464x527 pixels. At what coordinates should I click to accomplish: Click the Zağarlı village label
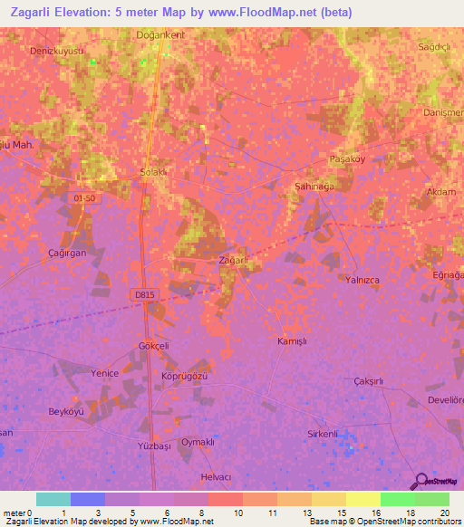click(x=234, y=261)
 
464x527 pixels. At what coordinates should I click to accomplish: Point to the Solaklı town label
click(x=152, y=173)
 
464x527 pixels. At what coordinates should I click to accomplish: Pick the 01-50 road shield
click(x=82, y=197)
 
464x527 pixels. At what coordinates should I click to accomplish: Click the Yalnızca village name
click(x=362, y=280)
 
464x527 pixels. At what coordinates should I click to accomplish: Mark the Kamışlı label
click(x=293, y=340)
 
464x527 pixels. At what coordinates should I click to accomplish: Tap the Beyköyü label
click(x=65, y=411)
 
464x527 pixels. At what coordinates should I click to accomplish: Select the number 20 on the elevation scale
click(x=444, y=513)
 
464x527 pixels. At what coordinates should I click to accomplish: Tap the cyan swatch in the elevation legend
click(x=53, y=499)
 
